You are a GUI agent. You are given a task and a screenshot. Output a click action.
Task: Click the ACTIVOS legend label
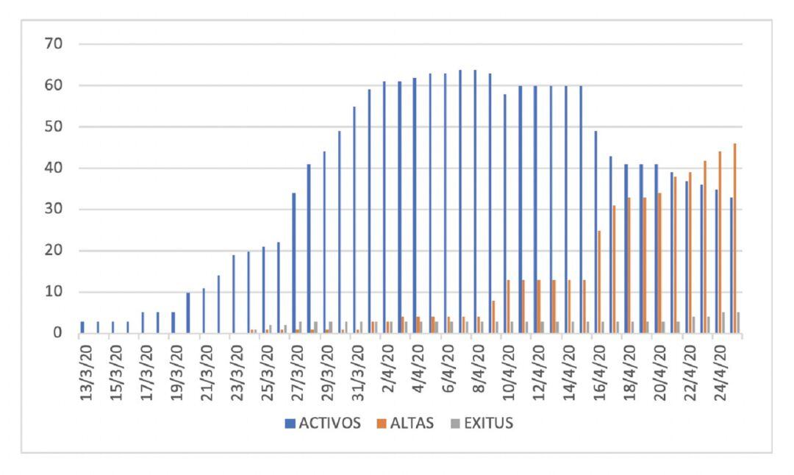[329, 424]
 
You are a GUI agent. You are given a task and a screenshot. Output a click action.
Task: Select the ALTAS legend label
[412, 424]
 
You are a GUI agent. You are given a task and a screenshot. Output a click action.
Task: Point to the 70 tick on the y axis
[57, 44]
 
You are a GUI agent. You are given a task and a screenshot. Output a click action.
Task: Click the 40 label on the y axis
[57, 168]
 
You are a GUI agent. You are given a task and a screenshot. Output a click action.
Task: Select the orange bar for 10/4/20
[508, 307]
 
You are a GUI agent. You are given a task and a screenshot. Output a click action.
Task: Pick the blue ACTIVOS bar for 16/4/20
[595, 232]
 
